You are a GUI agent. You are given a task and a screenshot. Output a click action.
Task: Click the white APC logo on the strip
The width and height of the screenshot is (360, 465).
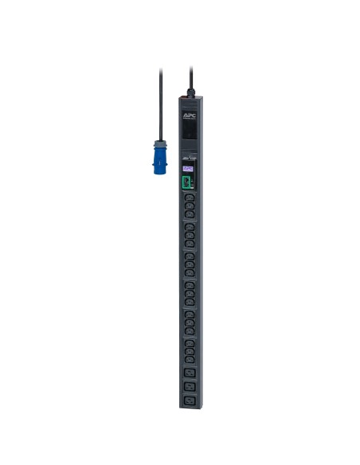[x=189, y=115]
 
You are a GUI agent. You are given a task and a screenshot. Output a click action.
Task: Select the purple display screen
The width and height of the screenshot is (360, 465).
[x=188, y=169]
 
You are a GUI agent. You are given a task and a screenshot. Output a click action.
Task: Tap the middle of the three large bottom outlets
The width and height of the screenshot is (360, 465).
[x=189, y=385]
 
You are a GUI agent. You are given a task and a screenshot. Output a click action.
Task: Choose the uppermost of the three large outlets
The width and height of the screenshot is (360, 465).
[x=189, y=371]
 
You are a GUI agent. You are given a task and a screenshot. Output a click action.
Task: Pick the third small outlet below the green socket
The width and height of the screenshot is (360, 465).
[x=189, y=227]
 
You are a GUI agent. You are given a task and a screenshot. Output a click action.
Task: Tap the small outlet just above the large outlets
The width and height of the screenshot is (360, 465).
[x=189, y=356]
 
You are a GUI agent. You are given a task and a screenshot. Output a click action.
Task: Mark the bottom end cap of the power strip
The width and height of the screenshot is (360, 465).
[x=189, y=407]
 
